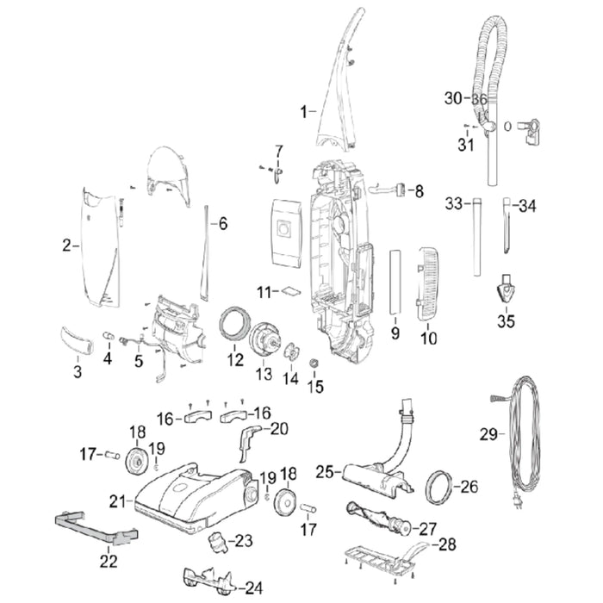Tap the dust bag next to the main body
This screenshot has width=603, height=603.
click(283, 231)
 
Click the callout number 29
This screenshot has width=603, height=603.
click(487, 435)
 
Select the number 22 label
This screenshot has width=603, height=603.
click(108, 561)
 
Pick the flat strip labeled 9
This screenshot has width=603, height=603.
click(395, 282)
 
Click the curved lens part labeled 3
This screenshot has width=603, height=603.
click(77, 339)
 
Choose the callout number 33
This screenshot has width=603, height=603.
click(454, 205)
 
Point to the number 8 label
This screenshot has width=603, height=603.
click(420, 190)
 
